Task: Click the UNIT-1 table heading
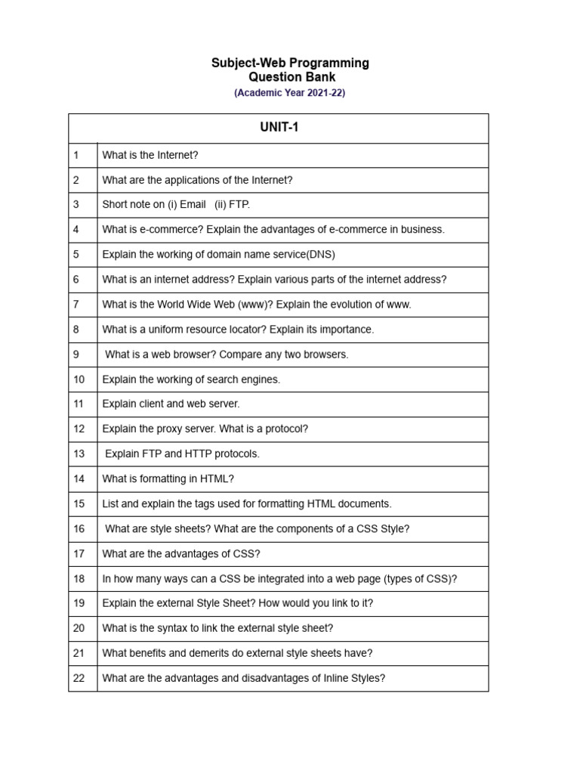coord(279,128)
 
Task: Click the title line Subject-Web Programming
coord(290,63)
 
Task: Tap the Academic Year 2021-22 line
coord(290,93)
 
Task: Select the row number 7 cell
coord(76,305)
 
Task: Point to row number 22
coord(79,678)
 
